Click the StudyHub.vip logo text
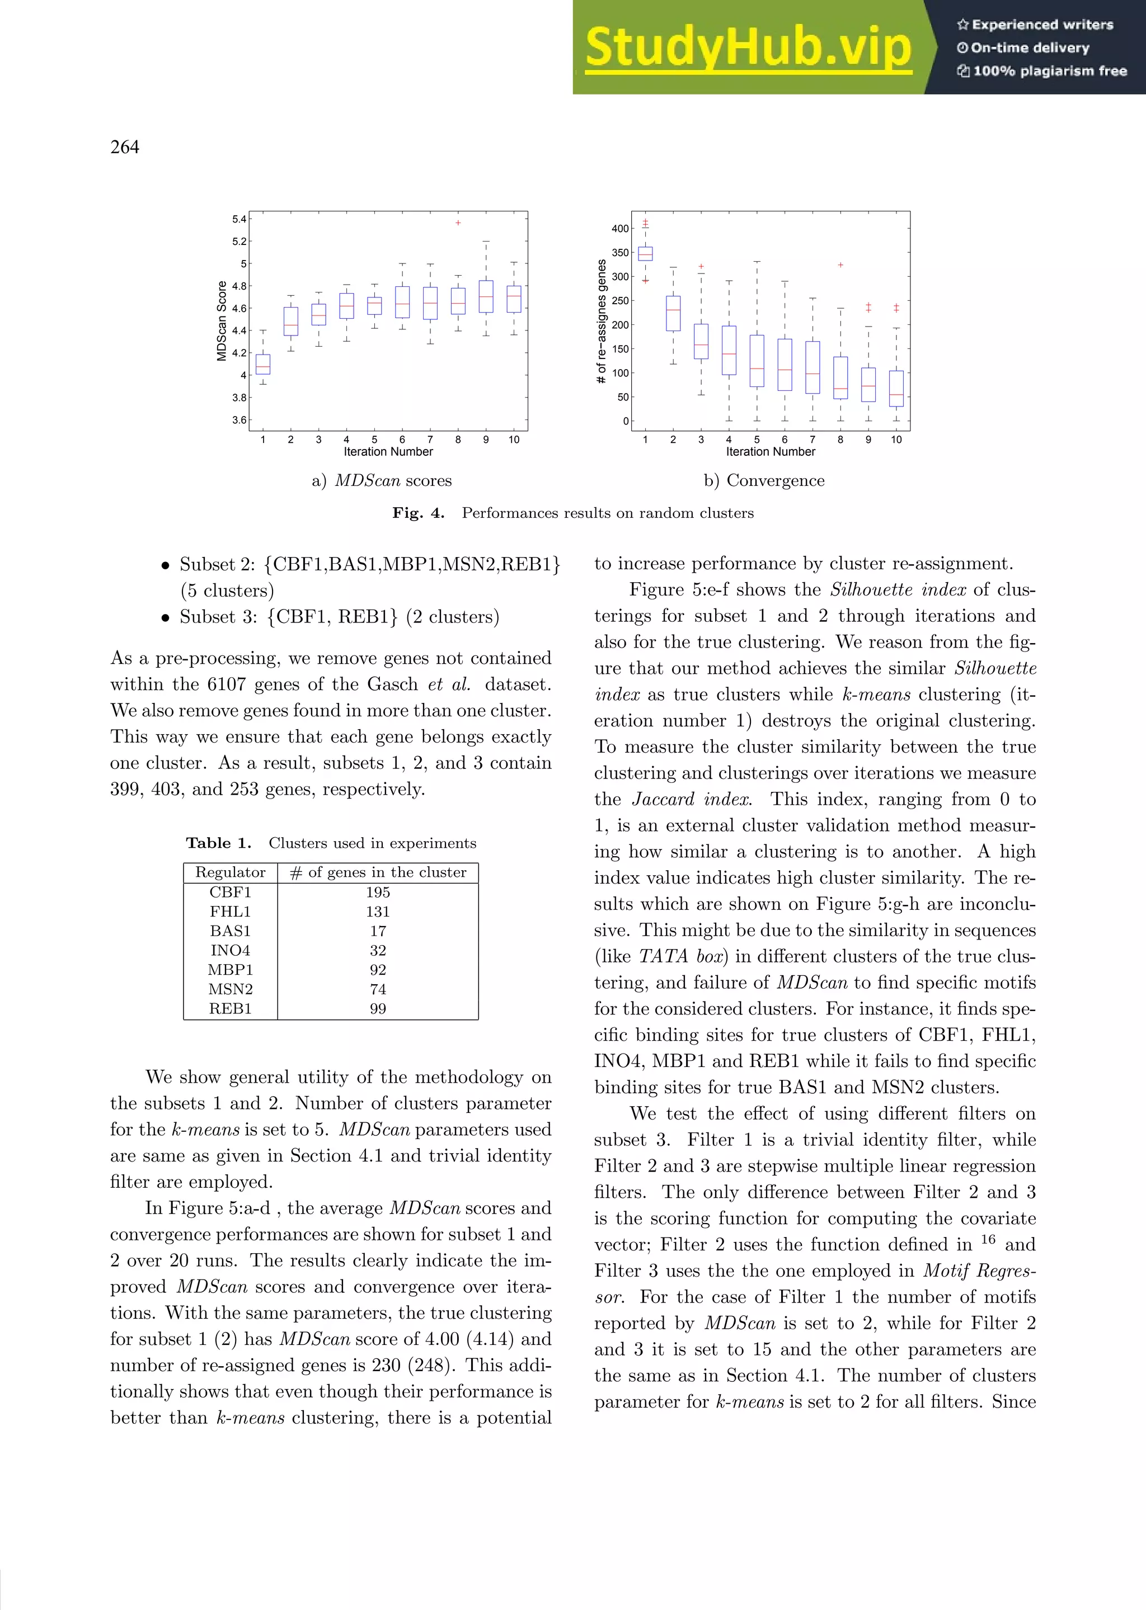point(748,47)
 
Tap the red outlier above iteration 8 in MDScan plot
point(458,223)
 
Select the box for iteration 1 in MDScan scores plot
point(262,364)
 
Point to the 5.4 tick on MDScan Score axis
point(239,219)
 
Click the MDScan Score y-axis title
point(222,321)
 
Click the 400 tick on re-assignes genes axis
point(619,229)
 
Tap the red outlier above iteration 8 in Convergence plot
point(840,265)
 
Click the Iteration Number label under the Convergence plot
point(770,452)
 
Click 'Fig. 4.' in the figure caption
point(418,513)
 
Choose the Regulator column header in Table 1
point(230,872)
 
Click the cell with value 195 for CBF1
point(378,892)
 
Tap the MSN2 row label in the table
point(230,989)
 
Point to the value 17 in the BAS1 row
point(378,931)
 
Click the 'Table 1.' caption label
point(219,843)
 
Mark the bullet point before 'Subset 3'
point(165,618)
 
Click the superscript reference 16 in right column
point(988,1240)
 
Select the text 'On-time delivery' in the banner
point(1030,48)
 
